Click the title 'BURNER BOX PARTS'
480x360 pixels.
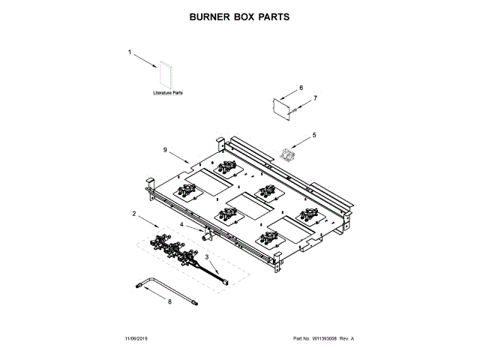tap(240, 16)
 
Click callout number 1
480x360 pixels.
tap(129, 53)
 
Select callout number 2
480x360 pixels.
tap(134, 214)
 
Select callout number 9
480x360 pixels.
tap(164, 149)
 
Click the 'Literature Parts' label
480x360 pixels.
tap(168, 93)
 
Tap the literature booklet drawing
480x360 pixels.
tap(165, 75)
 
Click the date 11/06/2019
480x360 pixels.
tap(138, 340)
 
